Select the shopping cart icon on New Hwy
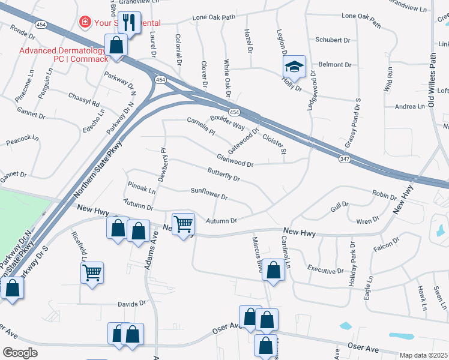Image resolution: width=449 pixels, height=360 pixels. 184,225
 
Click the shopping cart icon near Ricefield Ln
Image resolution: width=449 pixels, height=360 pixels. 92,273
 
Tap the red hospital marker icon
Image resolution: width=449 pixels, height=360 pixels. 85,22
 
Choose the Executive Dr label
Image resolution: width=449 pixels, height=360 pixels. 325,271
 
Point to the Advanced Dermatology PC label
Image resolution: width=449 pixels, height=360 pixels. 63,55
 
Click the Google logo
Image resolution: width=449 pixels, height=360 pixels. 20,353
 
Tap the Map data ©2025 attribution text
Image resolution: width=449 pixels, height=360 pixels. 423,355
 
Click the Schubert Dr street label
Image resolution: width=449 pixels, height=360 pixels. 333,40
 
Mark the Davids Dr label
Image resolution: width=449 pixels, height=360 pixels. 131,304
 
